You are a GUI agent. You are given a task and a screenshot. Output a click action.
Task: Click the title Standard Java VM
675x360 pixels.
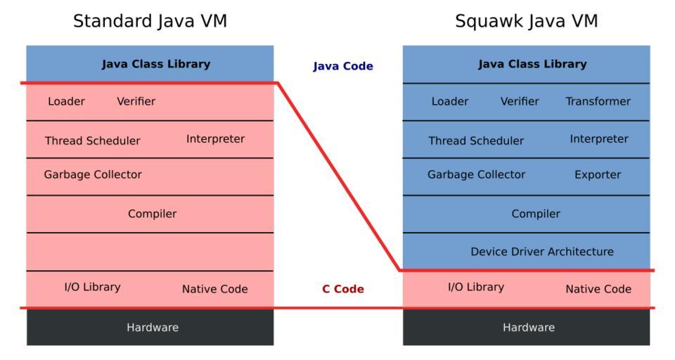[x=150, y=21]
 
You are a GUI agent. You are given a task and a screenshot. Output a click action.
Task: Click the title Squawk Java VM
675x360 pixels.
[x=526, y=21]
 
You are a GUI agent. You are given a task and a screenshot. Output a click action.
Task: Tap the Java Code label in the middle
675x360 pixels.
[x=342, y=67]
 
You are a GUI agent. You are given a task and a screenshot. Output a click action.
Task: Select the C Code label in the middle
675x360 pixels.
[x=342, y=289]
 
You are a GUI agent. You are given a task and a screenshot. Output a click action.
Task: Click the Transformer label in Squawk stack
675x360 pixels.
[x=598, y=101]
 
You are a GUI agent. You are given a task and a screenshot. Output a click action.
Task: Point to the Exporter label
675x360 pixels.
[x=598, y=174]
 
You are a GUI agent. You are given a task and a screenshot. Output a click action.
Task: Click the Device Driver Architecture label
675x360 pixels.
[x=541, y=251]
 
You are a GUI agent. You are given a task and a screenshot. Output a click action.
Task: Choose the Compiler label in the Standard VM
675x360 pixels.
[x=152, y=214]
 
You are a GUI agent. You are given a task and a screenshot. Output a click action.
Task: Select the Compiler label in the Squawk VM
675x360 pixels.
[x=536, y=214]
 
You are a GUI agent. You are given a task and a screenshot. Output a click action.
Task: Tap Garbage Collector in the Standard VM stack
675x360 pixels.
[x=93, y=174]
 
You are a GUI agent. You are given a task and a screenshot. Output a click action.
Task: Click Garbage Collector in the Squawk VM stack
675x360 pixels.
[x=476, y=174]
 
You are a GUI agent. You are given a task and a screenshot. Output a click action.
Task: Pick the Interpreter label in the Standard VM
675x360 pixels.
[x=215, y=139]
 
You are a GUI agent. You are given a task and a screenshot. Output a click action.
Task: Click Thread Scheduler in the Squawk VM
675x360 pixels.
[x=476, y=141]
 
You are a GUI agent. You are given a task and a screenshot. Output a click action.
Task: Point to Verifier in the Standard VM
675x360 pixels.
[x=136, y=101]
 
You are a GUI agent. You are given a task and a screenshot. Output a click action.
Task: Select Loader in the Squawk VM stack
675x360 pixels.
[x=449, y=101]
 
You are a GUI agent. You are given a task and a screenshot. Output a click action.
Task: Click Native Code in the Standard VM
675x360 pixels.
[x=214, y=289]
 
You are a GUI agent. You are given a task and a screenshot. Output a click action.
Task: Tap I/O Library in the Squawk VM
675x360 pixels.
[x=476, y=287]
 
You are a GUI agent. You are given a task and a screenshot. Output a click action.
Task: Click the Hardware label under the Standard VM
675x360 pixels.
[x=152, y=327]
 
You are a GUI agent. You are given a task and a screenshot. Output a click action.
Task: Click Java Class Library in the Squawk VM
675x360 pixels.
[x=532, y=64]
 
